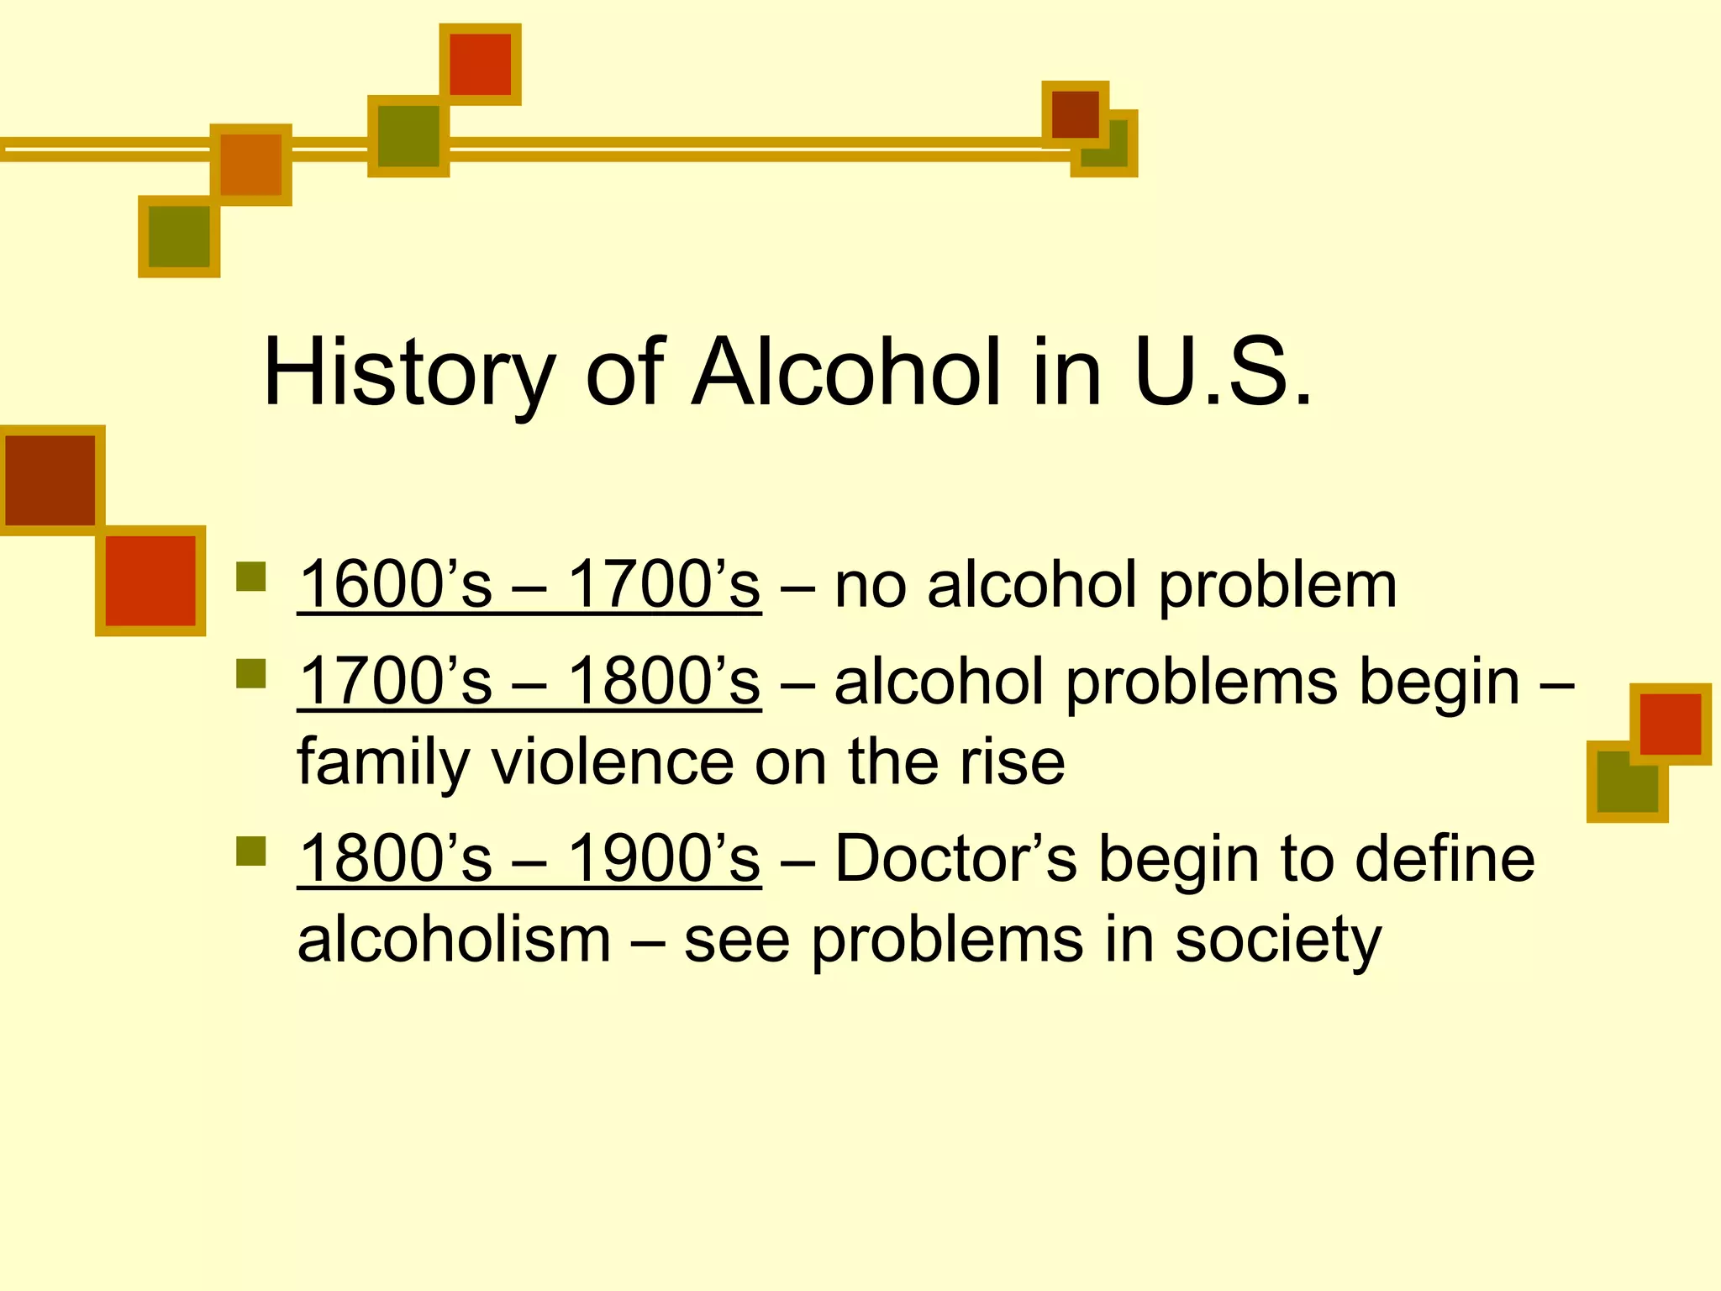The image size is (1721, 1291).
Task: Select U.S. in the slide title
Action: click(1223, 372)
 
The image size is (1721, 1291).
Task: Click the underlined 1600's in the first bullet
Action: click(395, 585)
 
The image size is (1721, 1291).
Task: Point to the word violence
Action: click(613, 761)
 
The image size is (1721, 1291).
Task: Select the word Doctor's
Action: click(955, 859)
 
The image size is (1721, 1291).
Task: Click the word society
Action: click(1277, 941)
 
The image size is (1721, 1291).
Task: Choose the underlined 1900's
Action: click(664, 859)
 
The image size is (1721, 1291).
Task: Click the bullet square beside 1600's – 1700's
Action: click(251, 577)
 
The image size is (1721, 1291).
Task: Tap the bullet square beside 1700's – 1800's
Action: click(251, 673)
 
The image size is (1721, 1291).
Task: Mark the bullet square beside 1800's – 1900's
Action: click(251, 851)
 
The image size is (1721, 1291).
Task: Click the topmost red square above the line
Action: click(480, 65)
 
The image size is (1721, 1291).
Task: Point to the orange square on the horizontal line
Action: click(250, 165)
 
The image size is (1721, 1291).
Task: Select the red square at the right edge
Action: click(1670, 724)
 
